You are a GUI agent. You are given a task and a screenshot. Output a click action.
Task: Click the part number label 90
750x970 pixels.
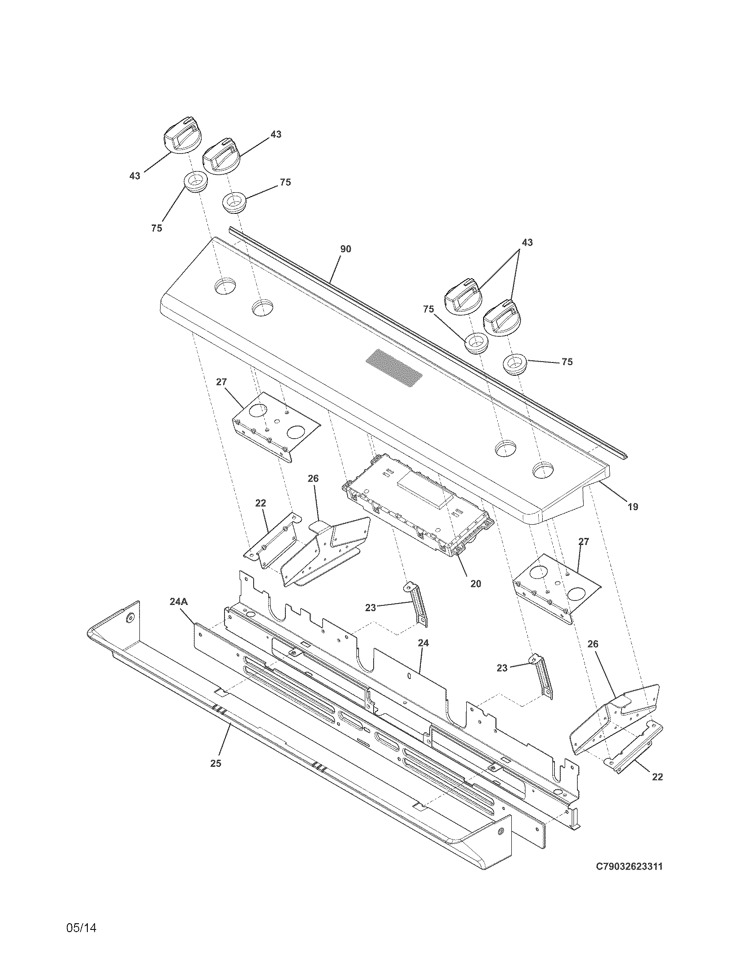[x=345, y=249]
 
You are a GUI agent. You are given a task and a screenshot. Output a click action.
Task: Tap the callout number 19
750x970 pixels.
[x=632, y=506]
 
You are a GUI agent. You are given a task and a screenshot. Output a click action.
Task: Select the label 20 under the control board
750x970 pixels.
[x=476, y=584]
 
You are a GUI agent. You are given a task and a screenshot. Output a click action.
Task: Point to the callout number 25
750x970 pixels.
[x=215, y=763]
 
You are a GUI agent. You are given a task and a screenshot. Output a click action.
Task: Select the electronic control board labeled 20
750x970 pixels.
[x=418, y=506]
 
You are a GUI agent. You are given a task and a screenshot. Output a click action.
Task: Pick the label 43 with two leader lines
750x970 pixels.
[x=527, y=242]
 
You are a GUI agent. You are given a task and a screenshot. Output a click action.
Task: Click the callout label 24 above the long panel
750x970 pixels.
[x=423, y=642]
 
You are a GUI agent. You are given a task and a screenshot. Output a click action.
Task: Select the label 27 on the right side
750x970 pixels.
[x=583, y=541]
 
